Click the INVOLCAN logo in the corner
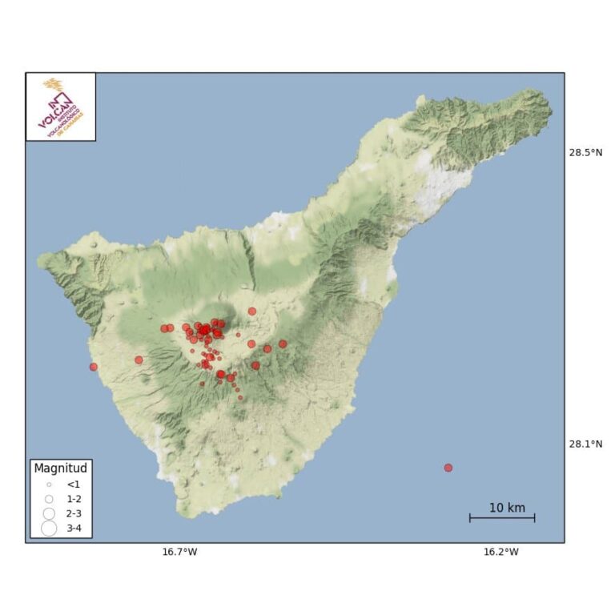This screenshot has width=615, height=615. [x=61, y=107]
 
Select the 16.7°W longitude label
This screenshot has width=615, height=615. [x=179, y=551]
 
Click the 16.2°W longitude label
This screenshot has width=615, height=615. [x=500, y=551]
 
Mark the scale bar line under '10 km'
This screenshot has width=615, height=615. [x=502, y=519]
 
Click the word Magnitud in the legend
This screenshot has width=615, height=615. [x=60, y=468]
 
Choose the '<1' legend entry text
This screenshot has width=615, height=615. [x=73, y=484]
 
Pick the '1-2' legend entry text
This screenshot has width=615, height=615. [x=74, y=499]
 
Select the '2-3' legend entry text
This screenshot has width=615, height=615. [x=74, y=513]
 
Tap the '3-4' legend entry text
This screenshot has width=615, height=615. [x=74, y=528]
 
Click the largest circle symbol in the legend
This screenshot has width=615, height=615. [x=49, y=528]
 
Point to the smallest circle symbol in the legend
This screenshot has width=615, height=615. [x=49, y=484]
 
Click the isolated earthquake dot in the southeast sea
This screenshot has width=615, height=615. [x=448, y=468]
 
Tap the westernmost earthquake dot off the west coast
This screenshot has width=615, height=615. [x=94, y=367]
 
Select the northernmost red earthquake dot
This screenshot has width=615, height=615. [x=252, y=312]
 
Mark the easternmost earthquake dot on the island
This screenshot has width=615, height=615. [x=283, y=344]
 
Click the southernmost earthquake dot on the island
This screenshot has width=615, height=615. [x=239, y=397]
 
